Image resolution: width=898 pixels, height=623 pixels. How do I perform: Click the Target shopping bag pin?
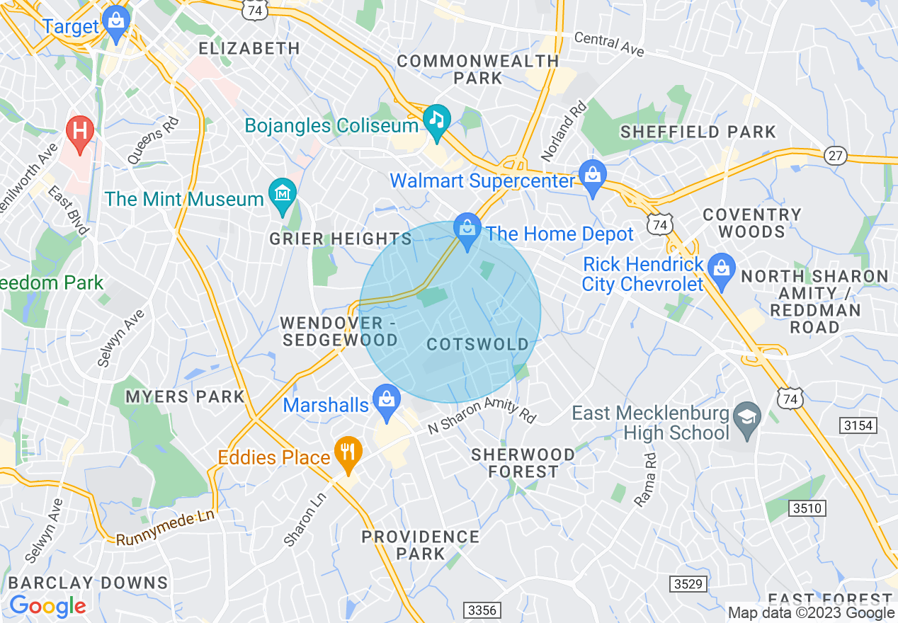(x=115, y=21)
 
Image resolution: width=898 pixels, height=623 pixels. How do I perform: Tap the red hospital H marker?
(x=79, y=132)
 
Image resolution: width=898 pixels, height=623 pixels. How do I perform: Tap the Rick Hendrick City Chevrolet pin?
(x=722, y=269)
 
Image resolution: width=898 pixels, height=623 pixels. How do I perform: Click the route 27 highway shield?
(x=836, y=156)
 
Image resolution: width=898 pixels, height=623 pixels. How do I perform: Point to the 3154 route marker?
(x=858, y=425)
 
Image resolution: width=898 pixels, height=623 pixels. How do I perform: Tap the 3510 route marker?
(x=806, y=508)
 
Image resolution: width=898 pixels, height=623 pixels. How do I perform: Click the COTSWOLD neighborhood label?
(x=478, y=345)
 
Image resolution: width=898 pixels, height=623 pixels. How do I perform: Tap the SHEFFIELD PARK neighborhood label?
(x=698, y=132)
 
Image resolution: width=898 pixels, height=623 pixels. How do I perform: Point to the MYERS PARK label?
(x=185, y=396)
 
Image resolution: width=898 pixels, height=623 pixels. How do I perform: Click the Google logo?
(x=47, y=605)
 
